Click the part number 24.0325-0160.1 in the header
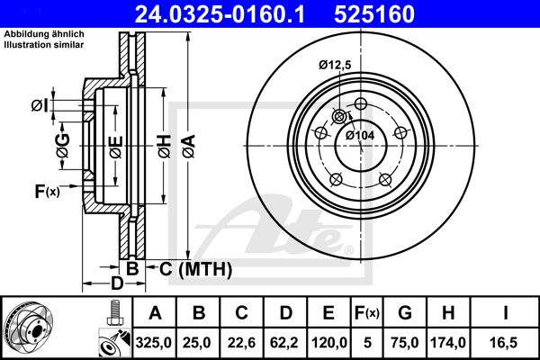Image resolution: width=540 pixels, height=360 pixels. [x=220, y=13]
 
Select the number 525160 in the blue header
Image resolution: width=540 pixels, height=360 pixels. [x=374, y=13]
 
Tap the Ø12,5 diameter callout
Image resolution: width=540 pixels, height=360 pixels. [x=335, y=65]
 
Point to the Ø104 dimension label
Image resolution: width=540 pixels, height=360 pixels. [x=359, y=135]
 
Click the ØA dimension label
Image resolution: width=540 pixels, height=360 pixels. [x=189, y=147]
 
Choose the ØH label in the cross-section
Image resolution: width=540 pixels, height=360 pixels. [x=165, y=147]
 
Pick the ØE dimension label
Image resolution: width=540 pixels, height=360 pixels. [x=116, y=147]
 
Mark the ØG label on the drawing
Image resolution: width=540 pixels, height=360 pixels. [x=63, y=146]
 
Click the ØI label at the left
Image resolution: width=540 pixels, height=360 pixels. [x=40, y=106]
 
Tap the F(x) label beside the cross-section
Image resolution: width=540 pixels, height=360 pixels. [x=47, y=191]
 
